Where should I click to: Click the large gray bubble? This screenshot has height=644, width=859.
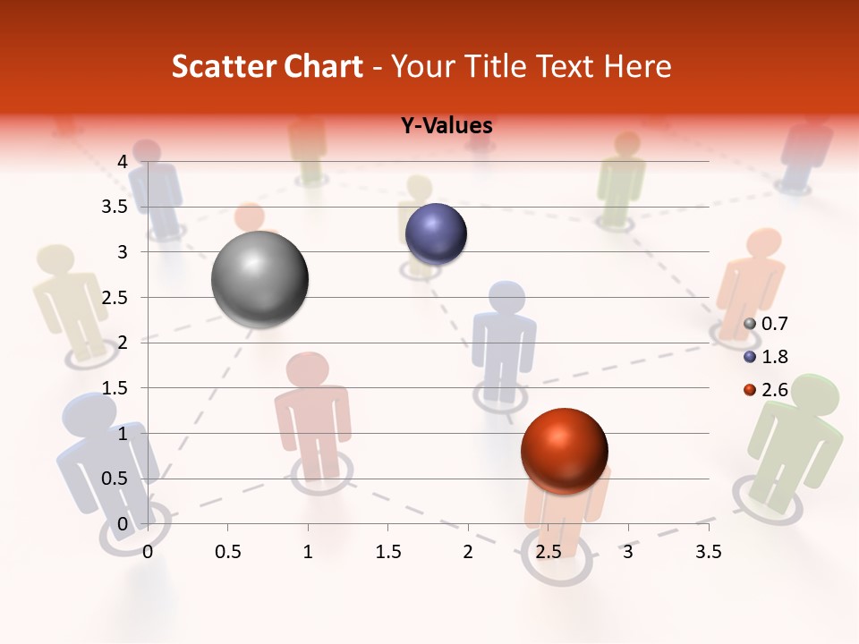coord(260,279)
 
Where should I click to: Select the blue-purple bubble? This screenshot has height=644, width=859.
coord(437,233)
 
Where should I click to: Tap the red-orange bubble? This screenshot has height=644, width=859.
coord(564,450)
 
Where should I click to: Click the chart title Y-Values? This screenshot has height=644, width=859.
coord(447,125)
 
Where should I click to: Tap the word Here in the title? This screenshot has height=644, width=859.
coord(638,66)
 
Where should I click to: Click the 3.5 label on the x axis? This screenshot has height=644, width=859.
coord(708,552)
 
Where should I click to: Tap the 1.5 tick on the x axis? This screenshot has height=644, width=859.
coord(387,552)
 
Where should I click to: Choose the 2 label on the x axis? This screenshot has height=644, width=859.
coord(468,552)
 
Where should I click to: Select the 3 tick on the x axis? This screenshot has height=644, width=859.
coord(628,552)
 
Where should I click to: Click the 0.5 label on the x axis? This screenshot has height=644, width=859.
coord(227,552)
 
